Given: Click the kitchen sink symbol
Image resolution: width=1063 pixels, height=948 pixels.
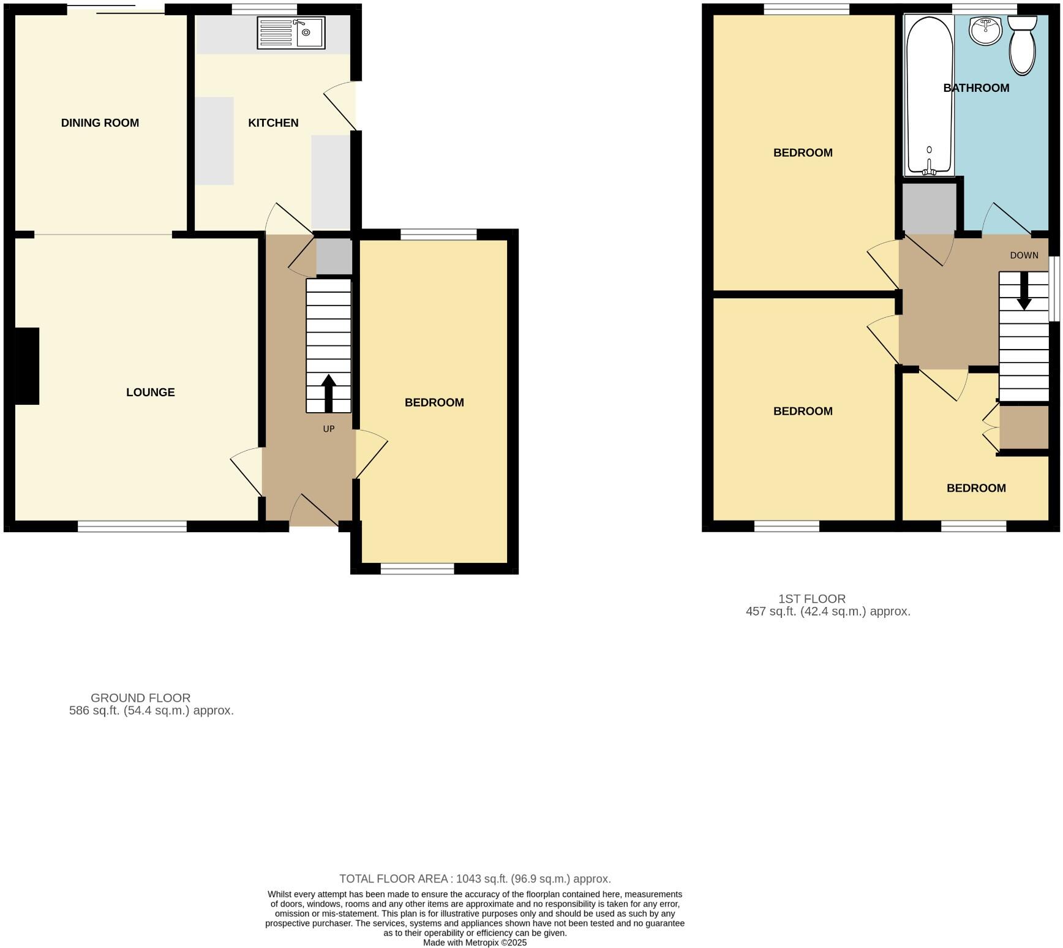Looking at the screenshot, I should point(291,32).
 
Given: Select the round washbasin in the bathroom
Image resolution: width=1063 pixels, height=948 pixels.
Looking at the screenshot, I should point(986,31).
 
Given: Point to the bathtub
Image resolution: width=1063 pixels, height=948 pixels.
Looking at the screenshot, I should point(929,95).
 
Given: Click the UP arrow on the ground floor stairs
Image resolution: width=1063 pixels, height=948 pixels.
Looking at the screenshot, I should point(329,392).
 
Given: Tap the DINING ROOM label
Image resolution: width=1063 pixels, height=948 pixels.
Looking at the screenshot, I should point(100,123).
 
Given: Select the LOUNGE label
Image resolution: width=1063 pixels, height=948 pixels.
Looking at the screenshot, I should point(151,393).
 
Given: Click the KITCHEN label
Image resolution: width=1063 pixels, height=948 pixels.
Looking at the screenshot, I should point(273,123).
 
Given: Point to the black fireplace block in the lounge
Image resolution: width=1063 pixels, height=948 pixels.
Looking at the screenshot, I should point(26,366).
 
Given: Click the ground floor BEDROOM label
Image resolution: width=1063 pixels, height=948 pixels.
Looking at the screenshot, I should point(434,402).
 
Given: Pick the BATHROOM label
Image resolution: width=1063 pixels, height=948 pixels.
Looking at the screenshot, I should point(976,88).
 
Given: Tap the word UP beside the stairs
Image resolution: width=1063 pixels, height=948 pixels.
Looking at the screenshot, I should point(329,429).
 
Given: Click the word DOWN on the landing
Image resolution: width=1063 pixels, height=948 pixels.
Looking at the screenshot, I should point(1024,255).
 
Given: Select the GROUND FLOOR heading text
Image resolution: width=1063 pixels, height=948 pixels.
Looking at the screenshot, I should point(141,698).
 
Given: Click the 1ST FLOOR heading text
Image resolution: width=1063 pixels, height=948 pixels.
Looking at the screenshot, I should point(812,598).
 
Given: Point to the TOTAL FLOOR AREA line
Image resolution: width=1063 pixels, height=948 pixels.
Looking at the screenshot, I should point(475,879).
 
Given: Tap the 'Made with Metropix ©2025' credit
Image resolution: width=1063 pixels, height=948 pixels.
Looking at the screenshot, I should point(475,942).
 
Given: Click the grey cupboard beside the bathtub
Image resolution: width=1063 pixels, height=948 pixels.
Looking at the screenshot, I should point(929,208).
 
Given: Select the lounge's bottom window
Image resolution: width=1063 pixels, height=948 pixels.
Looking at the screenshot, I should point(132,526).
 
